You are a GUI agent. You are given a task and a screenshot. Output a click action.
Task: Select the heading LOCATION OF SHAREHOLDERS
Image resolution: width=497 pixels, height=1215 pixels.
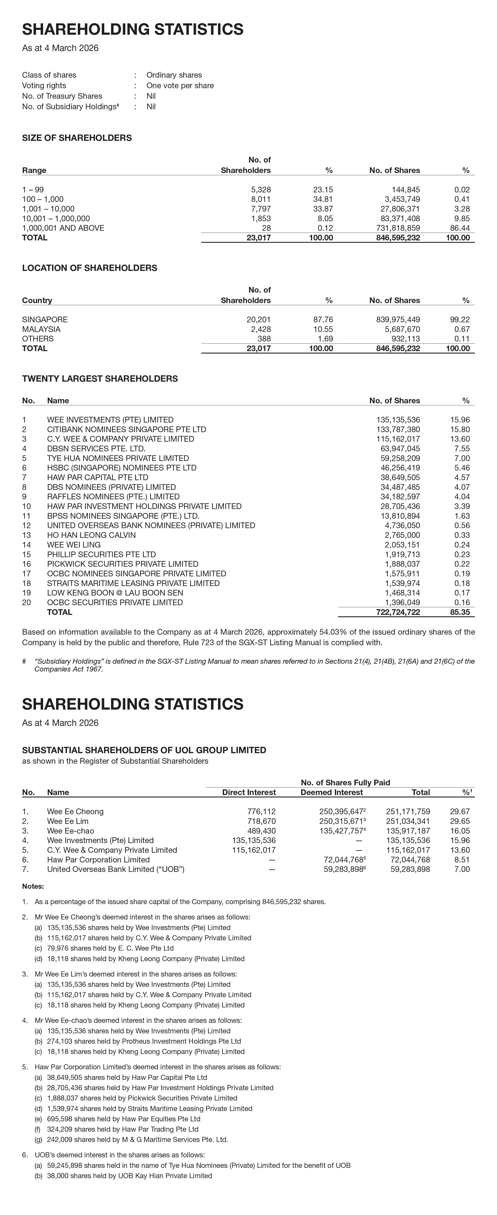point(90,268)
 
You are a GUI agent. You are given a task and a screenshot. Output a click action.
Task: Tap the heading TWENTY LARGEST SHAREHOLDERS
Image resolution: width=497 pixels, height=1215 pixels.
point(100,379)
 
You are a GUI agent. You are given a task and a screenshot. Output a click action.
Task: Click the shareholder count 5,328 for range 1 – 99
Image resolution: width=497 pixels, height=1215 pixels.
point(261,190)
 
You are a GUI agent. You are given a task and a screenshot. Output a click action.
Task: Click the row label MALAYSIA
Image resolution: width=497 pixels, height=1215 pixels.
point(41,329)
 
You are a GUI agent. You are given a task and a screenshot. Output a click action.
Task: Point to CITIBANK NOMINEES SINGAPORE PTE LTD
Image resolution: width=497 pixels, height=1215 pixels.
point(127,429)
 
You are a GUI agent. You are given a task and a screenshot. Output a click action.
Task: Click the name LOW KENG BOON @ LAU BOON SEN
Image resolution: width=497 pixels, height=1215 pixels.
point(115,593)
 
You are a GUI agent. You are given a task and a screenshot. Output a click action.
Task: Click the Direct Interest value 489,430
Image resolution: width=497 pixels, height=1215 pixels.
point(261,831)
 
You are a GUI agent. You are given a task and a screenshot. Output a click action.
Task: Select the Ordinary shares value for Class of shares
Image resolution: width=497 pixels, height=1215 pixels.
point(174,75)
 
